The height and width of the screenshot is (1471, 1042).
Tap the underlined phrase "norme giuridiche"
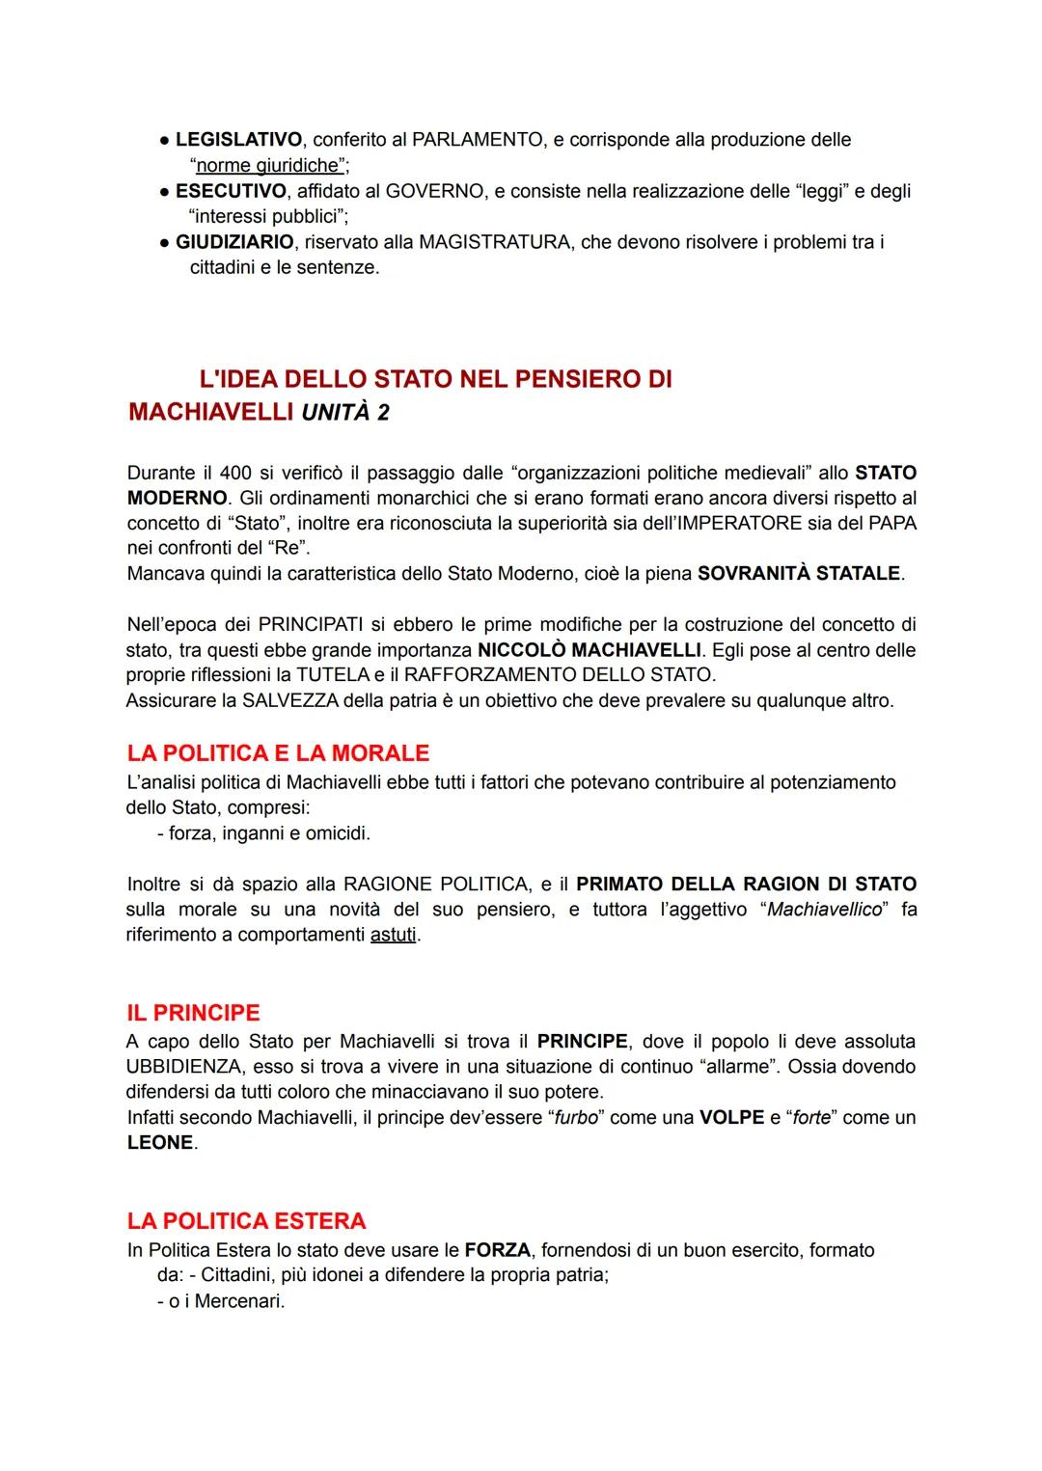click(x=267, y=165)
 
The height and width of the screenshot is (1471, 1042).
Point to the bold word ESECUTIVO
click(x=231, y=191)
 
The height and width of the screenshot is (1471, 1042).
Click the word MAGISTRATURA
click(x=495, y=242)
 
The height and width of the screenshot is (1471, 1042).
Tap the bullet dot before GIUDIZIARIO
click(x=164, y=242)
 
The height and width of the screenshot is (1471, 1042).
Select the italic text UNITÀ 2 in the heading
click(x=344, y=413)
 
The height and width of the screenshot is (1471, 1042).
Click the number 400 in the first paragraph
click(x=235, y=473)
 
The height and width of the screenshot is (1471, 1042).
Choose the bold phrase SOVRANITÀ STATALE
click(x=800, y=574)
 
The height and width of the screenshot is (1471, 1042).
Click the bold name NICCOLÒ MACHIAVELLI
click(x=589, y=650)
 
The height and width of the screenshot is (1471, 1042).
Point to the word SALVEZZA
click(x=290, y=700)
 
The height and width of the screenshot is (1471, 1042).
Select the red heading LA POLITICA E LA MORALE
click(x=278, y=753)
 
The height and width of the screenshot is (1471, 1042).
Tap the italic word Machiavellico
click(x=825, y=910)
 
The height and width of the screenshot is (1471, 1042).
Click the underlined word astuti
click(x=394, y=935)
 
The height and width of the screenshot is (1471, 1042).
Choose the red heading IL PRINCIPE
click(x=193, y=1013)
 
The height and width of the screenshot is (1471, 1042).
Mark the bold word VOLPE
click(x=731, y=1117)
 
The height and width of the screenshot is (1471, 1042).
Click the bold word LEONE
click(x=160, y=1142)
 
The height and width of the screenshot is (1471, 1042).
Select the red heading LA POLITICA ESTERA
click(x=246, y=1221)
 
